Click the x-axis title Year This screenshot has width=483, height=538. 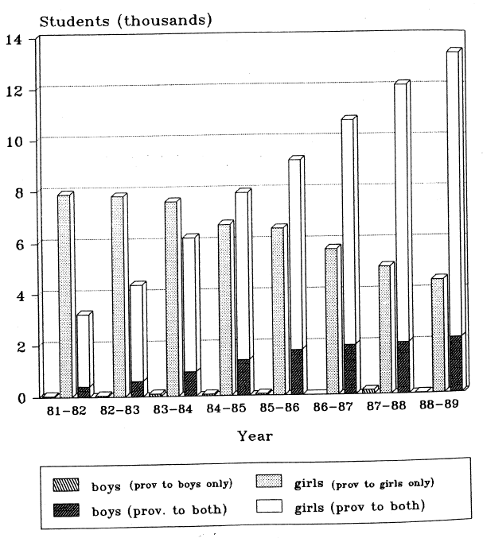coord(255,436)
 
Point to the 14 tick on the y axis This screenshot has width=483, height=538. coord(18,39)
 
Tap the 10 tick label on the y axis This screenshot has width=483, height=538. coord(18,141)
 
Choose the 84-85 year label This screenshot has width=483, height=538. coord(227,412)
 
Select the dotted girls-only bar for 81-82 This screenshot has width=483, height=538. coord(64,294)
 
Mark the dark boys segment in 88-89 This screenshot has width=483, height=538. coord(453,363)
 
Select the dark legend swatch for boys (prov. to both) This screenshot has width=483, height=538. coord(62,508)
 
